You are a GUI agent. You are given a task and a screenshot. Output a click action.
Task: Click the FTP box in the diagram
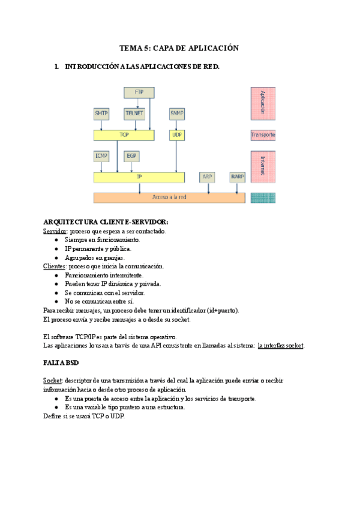point(139,92)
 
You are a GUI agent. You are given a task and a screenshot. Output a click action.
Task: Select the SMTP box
point(101,113)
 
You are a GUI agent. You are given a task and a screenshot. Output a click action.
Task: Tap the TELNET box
point(134,113)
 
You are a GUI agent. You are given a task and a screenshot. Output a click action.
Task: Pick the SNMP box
point(177,113)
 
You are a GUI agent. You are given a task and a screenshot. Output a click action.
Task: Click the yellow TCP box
point(124,135)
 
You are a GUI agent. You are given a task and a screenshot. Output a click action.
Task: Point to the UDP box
point(177,135)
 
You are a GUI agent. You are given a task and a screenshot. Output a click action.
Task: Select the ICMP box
point(101,156)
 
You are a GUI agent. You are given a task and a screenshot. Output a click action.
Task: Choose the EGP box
point(131,156)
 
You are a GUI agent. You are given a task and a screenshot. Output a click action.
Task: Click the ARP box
point(208,177)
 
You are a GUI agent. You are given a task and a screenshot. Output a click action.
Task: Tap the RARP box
point(238,177)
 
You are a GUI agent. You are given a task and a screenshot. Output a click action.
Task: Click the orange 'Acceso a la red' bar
point(169,197)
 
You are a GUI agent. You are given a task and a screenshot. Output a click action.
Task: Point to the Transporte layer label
point(263,136)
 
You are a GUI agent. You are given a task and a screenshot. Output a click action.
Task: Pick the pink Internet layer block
point(263,166)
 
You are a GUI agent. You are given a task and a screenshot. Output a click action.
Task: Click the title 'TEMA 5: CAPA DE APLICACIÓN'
point(179,48)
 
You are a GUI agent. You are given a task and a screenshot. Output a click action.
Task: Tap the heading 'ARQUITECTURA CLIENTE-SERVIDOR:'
point(101,222)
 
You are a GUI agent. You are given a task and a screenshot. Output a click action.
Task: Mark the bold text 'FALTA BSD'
point(61,364)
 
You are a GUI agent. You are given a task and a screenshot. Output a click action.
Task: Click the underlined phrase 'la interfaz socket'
point(280,346)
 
